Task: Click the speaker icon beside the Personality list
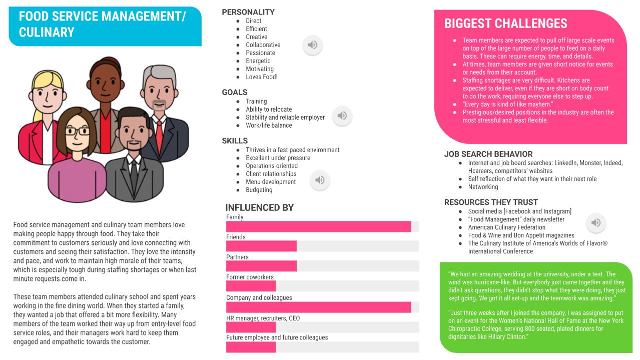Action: point(312,45)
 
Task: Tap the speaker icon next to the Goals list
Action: point(342,116)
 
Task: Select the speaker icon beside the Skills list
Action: point(320,180)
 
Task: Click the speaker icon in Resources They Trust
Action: point(595,223)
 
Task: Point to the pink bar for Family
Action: point(318,227)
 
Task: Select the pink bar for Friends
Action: point(261,246)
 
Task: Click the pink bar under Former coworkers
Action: point(251,286)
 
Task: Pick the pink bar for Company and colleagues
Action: point(318,307)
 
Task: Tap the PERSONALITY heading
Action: point(248,12)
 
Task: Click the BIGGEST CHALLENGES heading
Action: point(505,24)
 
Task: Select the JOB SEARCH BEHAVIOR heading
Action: point(488,154)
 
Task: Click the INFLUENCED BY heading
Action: point(259,207)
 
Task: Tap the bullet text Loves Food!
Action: point(261,77)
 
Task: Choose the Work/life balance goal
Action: point(269,125)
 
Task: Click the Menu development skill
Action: point(271,182)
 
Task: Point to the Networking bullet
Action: point(483,187)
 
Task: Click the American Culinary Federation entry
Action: point(506,227)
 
